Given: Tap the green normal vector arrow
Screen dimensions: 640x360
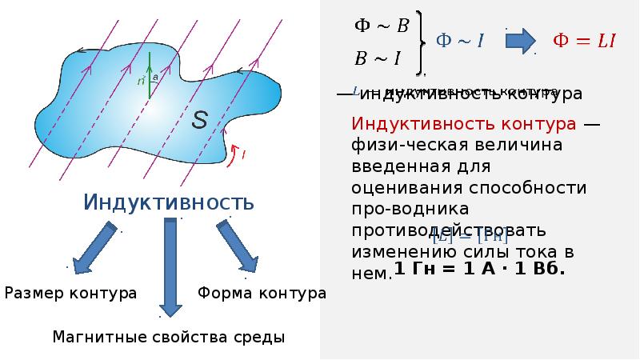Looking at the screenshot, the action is pos(149,75).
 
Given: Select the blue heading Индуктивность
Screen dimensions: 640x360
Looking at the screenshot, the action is pos(169,202).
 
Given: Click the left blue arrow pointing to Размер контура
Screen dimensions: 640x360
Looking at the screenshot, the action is pos(94,247).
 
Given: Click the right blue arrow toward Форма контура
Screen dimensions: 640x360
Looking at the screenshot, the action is pos(237,247).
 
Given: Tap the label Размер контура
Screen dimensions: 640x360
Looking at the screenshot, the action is pos(71,294).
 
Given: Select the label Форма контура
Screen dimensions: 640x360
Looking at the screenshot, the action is pos(262,294).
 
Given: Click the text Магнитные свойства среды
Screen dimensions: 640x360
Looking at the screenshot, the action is pos(168,337).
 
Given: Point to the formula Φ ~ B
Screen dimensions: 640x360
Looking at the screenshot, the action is pos(382,26).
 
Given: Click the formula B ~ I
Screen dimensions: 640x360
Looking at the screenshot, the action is pos(377,57).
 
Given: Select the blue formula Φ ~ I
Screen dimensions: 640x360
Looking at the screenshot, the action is pos(459,40).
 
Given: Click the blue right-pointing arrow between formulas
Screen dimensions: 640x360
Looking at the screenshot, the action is pos(521,40).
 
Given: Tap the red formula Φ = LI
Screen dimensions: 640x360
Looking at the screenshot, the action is pos(585,41).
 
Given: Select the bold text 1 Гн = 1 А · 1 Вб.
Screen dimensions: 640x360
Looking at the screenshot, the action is pos(480,269).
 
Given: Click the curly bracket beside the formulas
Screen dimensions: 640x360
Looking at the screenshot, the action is pos(422,41).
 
